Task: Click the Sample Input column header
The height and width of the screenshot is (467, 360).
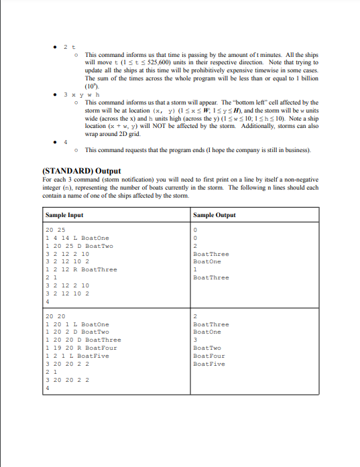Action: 65,215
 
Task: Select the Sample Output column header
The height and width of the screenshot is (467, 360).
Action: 214,215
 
